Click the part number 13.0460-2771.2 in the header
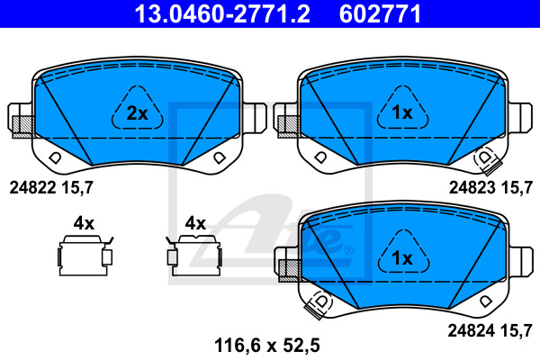[x=222, y=13]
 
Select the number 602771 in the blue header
[x=380, y=13]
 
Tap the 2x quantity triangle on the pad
[x=137, y=108]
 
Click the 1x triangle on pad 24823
[x=402, y=108]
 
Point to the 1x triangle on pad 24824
[x=403, y=253]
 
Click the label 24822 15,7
[x=51, y=188]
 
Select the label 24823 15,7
[x=490, y=188]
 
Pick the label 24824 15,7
[x=490, y=331]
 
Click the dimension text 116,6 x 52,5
[x=267, y=346]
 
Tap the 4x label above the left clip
[x=84, y=223]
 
